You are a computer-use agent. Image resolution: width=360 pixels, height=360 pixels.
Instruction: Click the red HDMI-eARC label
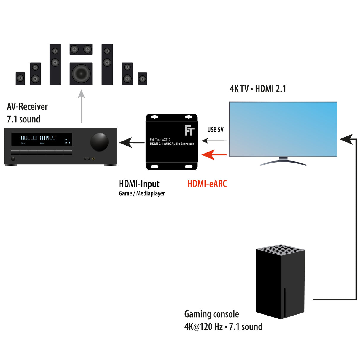coord(207,184)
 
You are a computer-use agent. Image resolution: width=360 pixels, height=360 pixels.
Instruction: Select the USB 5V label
coord(215,130)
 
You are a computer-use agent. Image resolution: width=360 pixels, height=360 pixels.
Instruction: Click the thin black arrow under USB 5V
coord(214,141)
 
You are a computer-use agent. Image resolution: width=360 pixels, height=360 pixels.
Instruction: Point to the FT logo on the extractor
coord(189,130)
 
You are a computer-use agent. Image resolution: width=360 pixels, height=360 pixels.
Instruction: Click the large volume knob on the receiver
coord(99,142)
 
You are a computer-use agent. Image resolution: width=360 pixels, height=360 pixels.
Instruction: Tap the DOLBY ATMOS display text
coord(38,138)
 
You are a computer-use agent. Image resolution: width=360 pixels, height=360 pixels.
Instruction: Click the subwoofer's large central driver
coord(81,74)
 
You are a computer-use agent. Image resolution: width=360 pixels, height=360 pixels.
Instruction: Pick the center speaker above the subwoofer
coord(81,49)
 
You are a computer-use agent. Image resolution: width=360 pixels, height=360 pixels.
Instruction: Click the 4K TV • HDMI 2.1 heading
coord(258,89)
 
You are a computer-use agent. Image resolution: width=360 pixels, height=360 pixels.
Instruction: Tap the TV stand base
coord(283,162)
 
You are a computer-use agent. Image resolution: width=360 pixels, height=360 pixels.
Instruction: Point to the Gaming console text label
coord(211,314)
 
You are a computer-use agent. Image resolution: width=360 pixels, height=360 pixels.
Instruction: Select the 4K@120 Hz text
coord(203,327)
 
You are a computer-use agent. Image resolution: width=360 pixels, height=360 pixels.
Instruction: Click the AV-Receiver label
coord(27,106)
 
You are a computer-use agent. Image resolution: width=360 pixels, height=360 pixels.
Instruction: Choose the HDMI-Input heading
coord(139,184)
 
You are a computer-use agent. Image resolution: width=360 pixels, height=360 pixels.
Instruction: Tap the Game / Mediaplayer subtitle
coord(142,193)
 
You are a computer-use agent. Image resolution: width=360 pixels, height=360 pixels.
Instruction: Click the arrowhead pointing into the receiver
coord(125,142)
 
